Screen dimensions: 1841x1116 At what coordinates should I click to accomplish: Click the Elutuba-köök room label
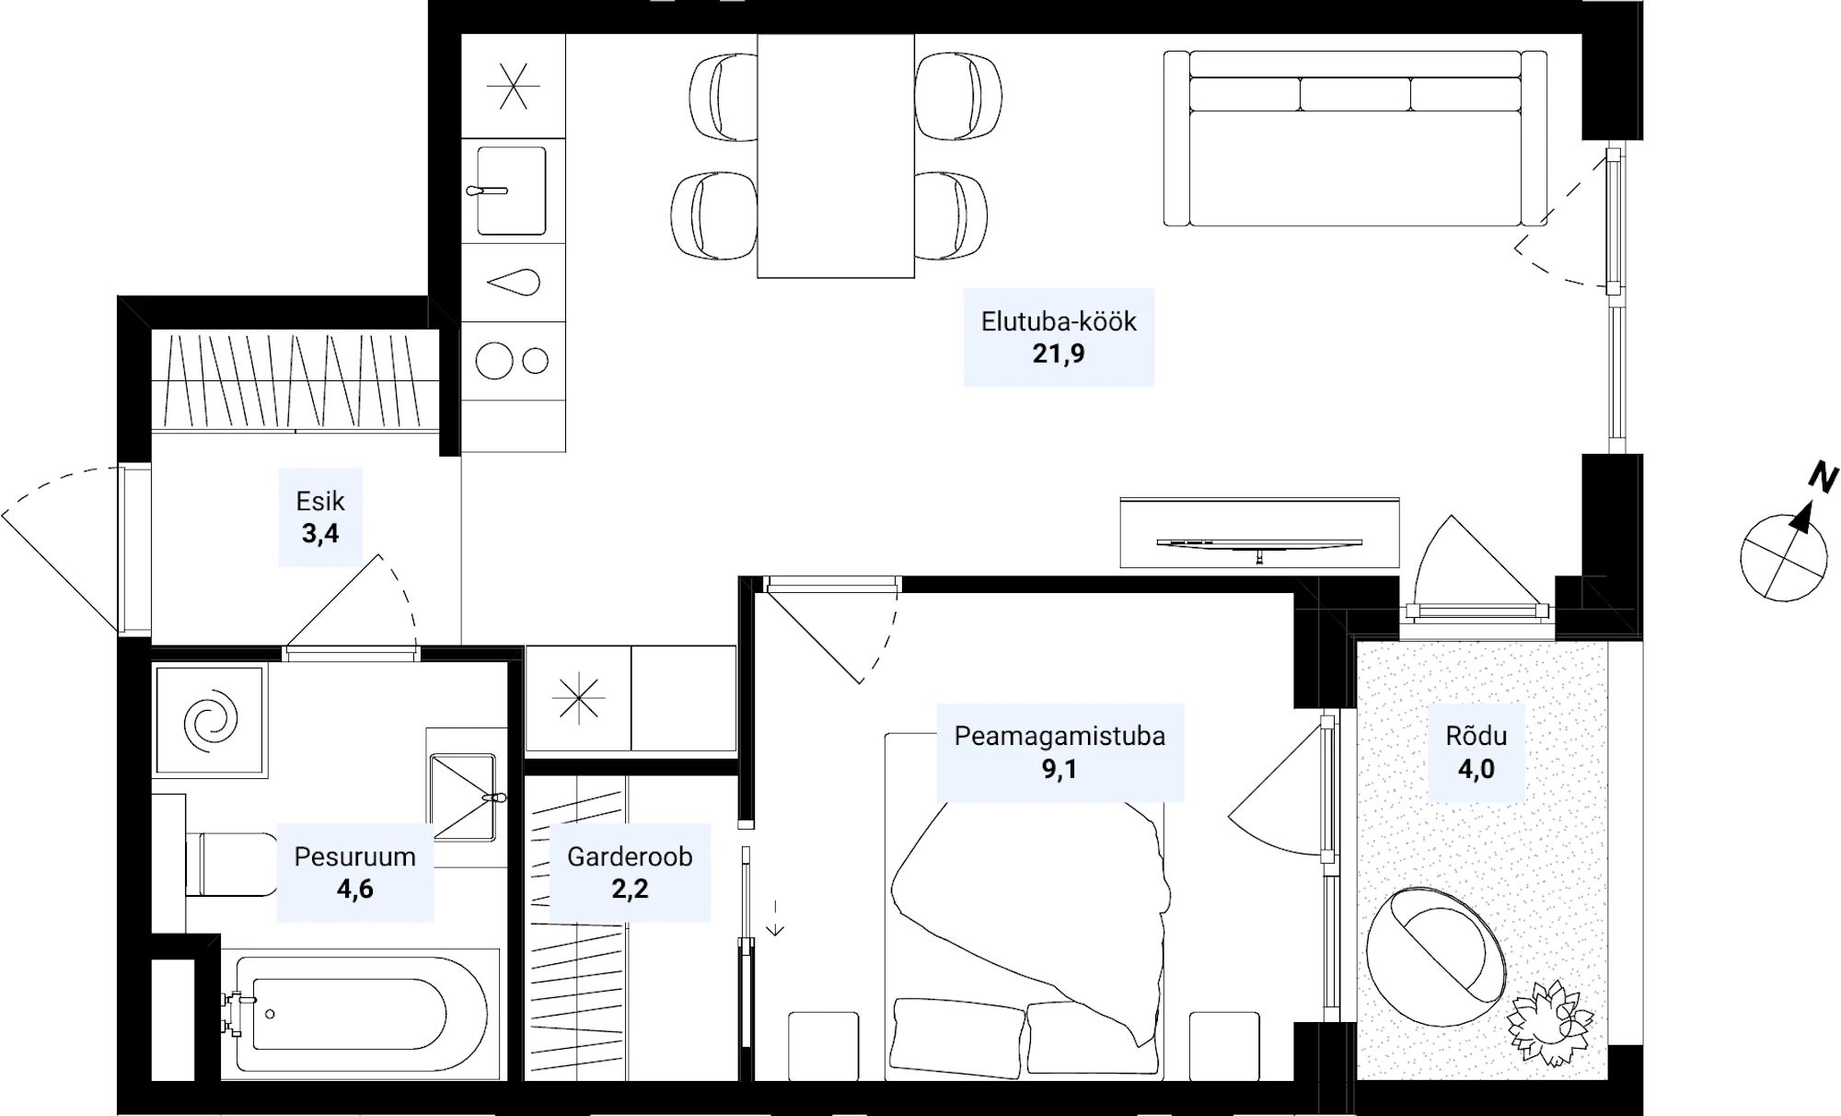point(1059,321)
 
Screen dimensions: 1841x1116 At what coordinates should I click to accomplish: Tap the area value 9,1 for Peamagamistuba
point(1059,769)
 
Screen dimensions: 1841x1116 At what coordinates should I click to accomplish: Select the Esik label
point(320,501)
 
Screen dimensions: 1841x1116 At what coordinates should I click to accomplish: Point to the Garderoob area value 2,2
point(630,889)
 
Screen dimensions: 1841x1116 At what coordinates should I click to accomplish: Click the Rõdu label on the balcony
point(1476,736)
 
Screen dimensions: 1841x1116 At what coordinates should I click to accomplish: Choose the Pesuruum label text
point(354,856)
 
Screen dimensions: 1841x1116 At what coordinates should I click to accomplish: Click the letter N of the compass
point(1823,477)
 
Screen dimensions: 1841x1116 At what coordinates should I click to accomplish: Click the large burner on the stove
point(494,360)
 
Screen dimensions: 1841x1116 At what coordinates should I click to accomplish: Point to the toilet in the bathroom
point(231,864)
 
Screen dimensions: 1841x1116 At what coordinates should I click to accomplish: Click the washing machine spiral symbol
point(211,718)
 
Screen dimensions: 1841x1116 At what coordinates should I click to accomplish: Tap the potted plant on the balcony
point(1550,1023)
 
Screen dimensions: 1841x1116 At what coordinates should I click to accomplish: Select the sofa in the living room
point(1355,138)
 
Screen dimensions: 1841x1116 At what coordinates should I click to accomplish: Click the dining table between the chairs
point(836,156)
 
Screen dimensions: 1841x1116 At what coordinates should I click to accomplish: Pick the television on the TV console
point(1259,544)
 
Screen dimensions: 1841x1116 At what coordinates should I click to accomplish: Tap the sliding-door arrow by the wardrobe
point(775,917)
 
